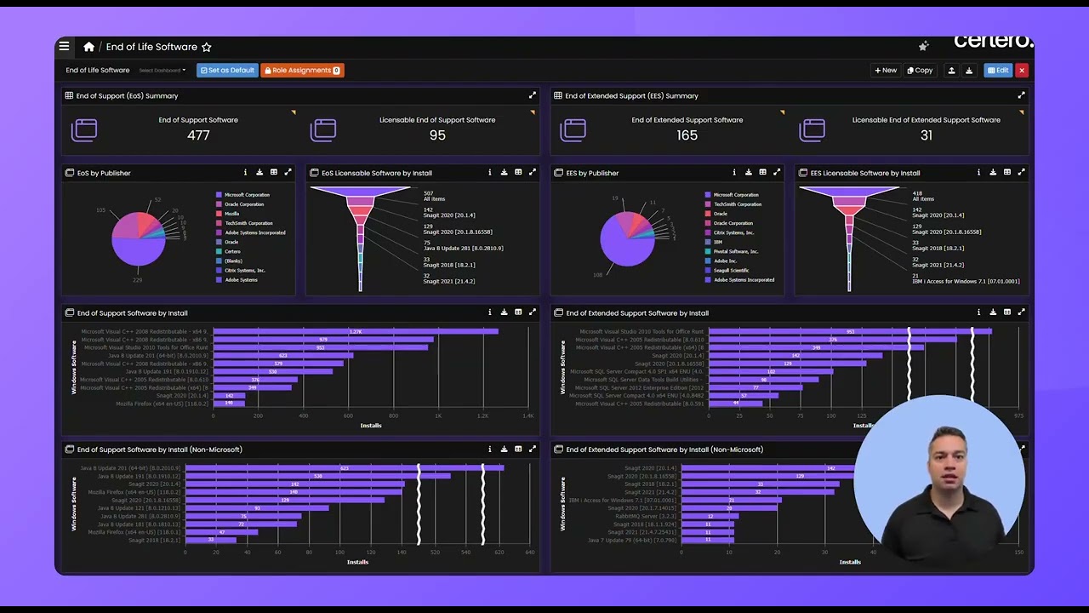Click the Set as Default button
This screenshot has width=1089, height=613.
click(x=226, y=71)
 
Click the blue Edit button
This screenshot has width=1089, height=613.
click(x=998, y=71)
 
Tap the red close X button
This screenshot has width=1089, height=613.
click(x=1022, y=71)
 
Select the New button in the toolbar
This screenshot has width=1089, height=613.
click(x=886, y=71)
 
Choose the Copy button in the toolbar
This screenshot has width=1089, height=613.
click(x=920, y=71)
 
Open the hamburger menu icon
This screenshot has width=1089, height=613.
click(x=64, y=47)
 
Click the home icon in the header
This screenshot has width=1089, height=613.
click(x=88, y=47)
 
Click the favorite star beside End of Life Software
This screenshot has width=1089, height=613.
click(x=207, y=47)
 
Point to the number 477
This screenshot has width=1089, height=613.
click(x=198, y=135)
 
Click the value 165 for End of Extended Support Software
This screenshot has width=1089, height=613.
click(x=687, y=135)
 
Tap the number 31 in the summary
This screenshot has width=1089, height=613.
click(x=927, y=135)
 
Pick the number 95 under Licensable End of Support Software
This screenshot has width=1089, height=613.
click(x=437, y=135)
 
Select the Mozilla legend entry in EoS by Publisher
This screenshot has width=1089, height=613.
click(x=232, y=214)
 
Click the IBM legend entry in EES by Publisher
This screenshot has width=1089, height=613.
click(x=718, y=242)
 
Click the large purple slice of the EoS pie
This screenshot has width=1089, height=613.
click(x=138, y=251)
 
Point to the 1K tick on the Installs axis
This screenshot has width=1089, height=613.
click(x=438, y=416)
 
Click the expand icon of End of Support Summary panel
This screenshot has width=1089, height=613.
click(x=533, y=95)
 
